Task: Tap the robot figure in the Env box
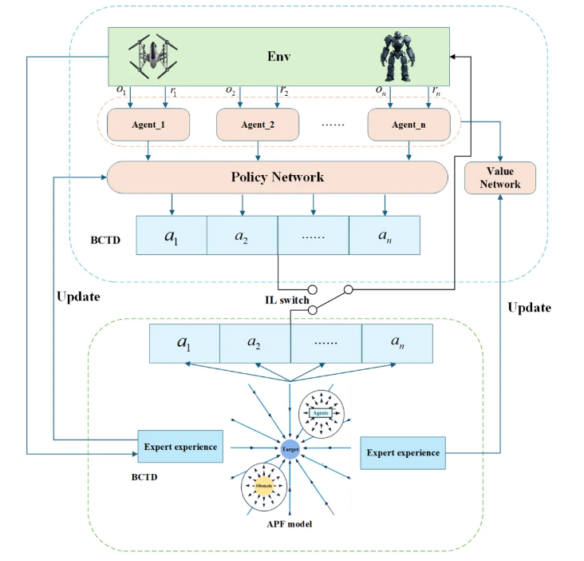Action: tap(397, 56)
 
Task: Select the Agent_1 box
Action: tap(148, 125)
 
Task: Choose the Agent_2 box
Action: tap(257, 125)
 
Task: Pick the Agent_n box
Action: tap(408, 125)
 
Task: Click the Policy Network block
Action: tap(277, 177)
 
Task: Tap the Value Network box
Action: tap(500, 177)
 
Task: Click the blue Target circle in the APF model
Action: tap(290, 450)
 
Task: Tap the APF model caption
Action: tap(290, 525)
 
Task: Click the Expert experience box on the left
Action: tap(180, 447)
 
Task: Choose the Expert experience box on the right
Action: tap(403, 452)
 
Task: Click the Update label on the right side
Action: tap(529, 307)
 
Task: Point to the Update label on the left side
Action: tap(79, 296)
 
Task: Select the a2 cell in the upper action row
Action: tap(242, 236)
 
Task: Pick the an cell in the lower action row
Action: tap(397, 344)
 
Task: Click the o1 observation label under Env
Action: tap(121, 93)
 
